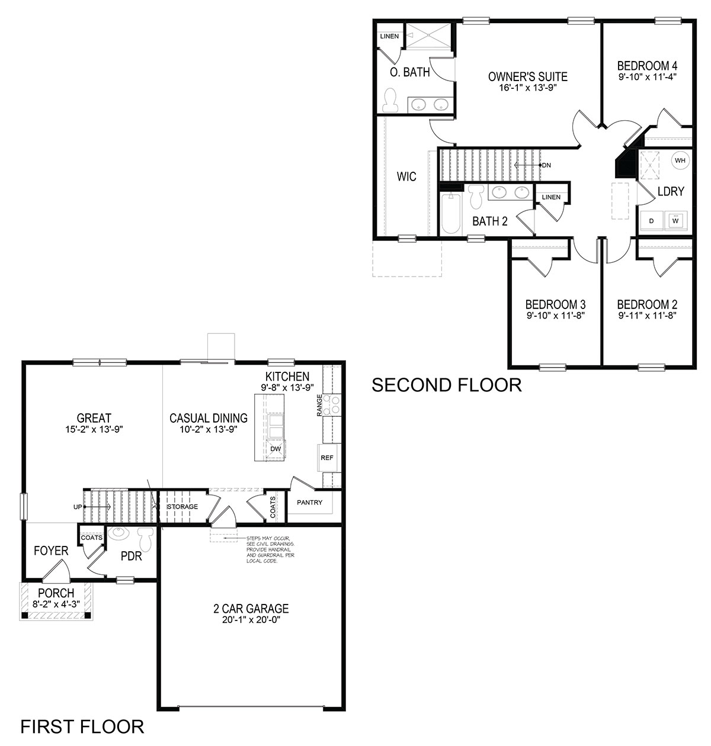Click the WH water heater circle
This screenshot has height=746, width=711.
point(679,160)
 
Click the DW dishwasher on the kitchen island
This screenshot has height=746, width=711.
point(276,449)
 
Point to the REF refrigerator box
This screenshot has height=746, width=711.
point(326,458)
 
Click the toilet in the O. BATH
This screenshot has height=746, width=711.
point(390,101)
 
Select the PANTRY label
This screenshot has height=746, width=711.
point(309,503)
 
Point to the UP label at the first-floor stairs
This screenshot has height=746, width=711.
point(78,507)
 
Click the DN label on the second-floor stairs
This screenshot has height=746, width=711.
point(546,165)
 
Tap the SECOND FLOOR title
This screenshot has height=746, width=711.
point(446,385)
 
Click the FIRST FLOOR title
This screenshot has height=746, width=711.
point(82,726)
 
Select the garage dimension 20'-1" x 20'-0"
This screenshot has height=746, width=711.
point(251,620)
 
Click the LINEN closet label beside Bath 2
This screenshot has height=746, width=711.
point(551,197)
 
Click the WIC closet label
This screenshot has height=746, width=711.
point(406,176)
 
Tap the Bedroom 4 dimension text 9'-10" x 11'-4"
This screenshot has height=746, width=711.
point(647,76)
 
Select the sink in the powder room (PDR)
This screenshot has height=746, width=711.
point(119,533)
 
